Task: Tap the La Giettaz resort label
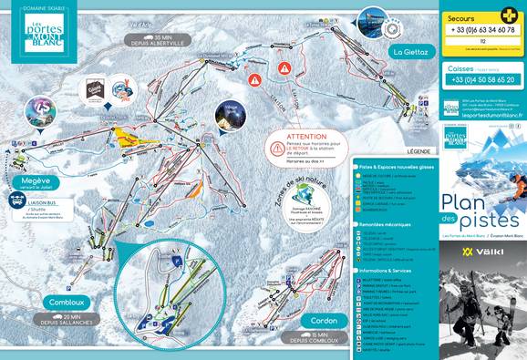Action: click(409, 52)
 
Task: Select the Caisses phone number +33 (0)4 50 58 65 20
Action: click(481, 80)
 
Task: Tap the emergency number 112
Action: click(481, 42)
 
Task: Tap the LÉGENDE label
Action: click(418, 150)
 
